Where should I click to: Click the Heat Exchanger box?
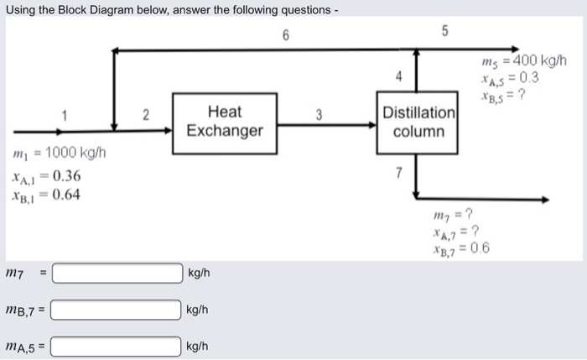tap(224, 121)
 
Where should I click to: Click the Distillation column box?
tap(419, 122)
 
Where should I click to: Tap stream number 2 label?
tap(143, 117)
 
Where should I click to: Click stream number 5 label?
tap(445, 33)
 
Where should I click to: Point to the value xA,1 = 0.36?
tap(46, 177)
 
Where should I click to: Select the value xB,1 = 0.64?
tap(46, 196)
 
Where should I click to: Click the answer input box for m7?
tap(118, 274)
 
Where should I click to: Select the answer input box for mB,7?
tap(118, 310)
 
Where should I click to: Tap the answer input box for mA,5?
tap(118, 346)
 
